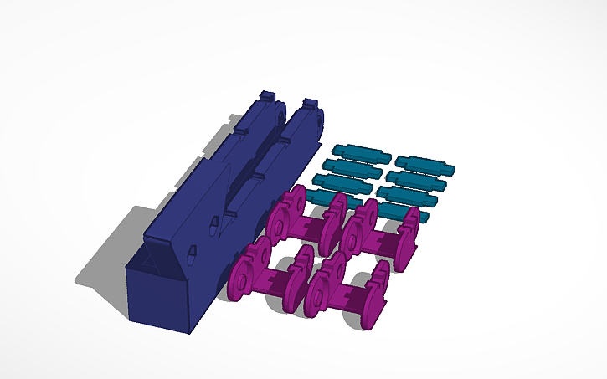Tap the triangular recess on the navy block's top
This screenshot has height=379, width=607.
pyautogui.click(x=152, y=261)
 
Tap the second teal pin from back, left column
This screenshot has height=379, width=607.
pyautogui.click(x=351, y=167)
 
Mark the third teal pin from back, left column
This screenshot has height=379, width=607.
pyautogui.click(x=342, y=182)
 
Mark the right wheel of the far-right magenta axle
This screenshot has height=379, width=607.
pyautogui.click(x=409, y=238)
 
